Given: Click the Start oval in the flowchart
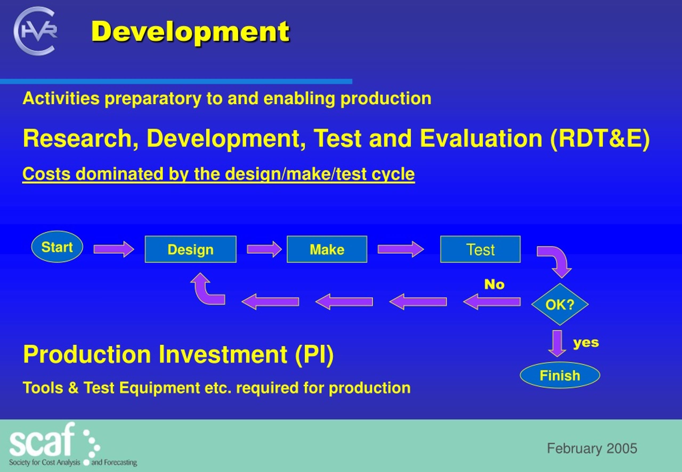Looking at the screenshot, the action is tap(57, 247).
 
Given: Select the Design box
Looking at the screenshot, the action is tap(190, 249).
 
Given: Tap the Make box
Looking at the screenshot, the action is tap(327, 249).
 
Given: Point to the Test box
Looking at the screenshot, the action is tap(480, 249).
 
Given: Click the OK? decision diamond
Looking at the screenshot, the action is tap(560, 304).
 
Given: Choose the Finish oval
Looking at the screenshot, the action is tap(560, 375).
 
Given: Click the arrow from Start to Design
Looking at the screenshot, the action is tap(114, 249).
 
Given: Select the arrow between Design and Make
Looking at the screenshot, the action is tap(264, 249).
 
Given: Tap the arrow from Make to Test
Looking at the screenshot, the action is tap(401, 249).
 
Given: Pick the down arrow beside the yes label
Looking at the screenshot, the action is tap(557, 344).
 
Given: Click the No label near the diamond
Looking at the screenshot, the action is tap(494, 284).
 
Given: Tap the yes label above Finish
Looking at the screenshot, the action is tap(586, 343).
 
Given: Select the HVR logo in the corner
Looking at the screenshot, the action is tap(35, 31).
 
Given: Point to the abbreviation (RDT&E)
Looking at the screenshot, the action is tap(600, 139).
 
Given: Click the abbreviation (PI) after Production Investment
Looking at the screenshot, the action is tap(314, 354).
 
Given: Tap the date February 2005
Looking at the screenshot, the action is tap(592, 448).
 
